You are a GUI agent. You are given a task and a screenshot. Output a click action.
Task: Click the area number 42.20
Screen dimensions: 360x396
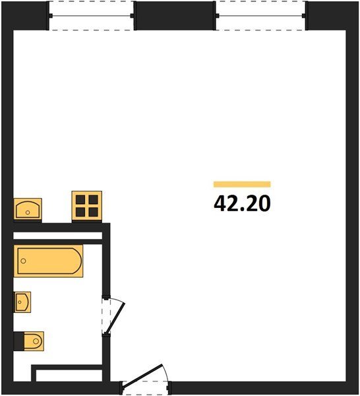click(x=242, y=203)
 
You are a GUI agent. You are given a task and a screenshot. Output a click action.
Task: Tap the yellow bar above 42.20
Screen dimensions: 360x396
click(x=242, y=184)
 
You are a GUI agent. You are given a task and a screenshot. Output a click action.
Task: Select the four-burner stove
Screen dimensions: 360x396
click(x=87, y=205)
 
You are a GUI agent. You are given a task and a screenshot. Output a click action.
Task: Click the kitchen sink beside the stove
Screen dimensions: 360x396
click(x=28, y=209)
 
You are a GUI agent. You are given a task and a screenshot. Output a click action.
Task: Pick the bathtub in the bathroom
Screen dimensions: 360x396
click(x=48, y=261)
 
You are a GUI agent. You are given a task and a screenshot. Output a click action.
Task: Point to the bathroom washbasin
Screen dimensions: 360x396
click(x=22, y=302)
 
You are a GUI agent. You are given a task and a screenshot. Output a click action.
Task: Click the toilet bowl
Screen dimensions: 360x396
click(x=34, y=341)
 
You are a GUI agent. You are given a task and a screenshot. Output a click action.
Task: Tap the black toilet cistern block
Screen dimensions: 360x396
click(x=19, y=341)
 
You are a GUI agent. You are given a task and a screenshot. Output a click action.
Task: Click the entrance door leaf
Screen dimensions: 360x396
click(x=142, y=376)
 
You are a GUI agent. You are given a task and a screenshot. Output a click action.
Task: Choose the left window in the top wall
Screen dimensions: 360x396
click(x=92, y=16)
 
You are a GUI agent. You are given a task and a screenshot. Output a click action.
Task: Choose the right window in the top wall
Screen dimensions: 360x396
click(x=261, y=16)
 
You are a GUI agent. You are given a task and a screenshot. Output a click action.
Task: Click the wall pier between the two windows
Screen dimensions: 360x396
click(x=175, y=16)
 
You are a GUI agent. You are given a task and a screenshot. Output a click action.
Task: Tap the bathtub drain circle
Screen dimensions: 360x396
click(x=24, y=261)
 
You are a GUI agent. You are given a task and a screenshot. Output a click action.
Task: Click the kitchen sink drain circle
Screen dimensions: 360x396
click(x=28, y=213)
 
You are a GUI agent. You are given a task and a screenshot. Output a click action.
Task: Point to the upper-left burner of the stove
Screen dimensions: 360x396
click(x=80, y=199)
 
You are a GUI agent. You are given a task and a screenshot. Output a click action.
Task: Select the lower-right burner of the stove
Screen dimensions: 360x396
click(x=94, y=212)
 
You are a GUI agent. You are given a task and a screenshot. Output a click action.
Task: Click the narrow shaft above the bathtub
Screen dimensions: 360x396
click(x=58, y=236)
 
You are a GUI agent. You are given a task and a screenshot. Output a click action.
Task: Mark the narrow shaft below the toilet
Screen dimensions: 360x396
click(x=69, y=376)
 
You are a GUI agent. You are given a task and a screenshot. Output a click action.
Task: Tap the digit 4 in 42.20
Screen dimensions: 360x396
click(x=219, y=203)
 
